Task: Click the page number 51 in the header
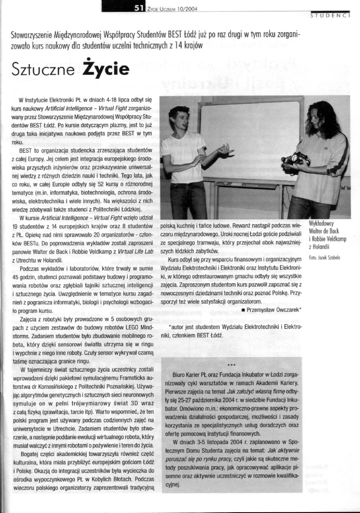click(138, 7)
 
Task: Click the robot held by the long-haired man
click(296, 159)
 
